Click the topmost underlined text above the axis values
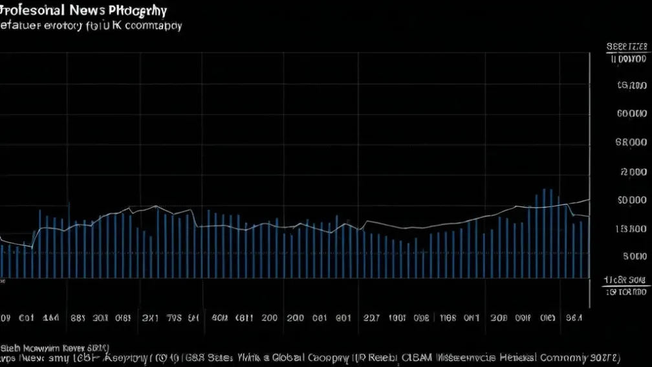(627, 47)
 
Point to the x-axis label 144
(50, 318)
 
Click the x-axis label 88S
(78, 318)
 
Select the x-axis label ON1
(471, 318)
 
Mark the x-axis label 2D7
(371, 318)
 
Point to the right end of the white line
(589, 200)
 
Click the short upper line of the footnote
(54, 346)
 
